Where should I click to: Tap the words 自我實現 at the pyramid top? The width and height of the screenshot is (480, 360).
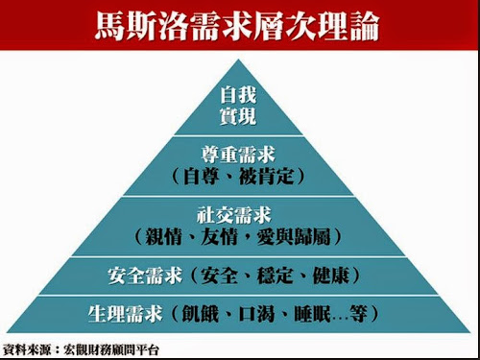[x=239, y=107]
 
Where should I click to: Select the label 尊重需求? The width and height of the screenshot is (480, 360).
[x=239, y=153]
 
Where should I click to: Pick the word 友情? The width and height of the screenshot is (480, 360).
[x=220, y=236]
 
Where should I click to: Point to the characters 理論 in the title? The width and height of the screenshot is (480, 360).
[x=347, y=24]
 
